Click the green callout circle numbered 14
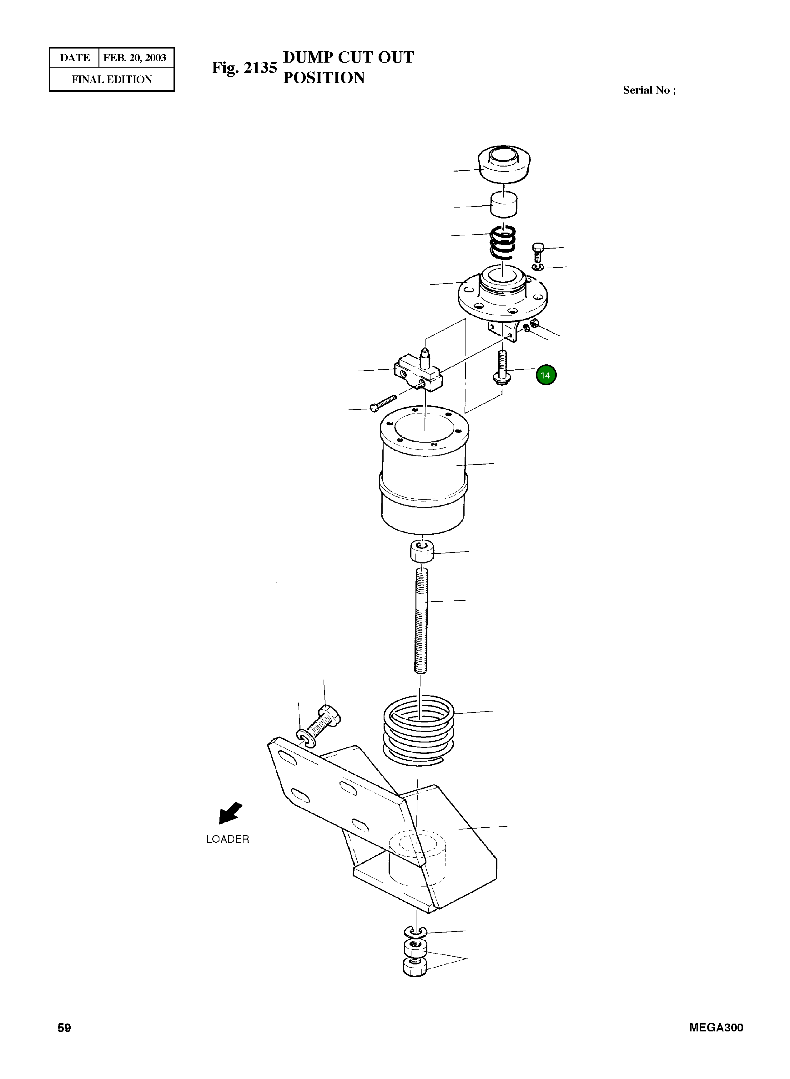[546, 375]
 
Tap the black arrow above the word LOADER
[230, 813]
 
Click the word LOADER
[228, 839]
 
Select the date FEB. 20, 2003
[135, 58]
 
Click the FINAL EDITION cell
[112, 80]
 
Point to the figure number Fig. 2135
[244, 68]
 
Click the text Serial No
[646, 90]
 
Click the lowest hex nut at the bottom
[415, 967]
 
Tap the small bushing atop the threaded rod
[422, 551]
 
